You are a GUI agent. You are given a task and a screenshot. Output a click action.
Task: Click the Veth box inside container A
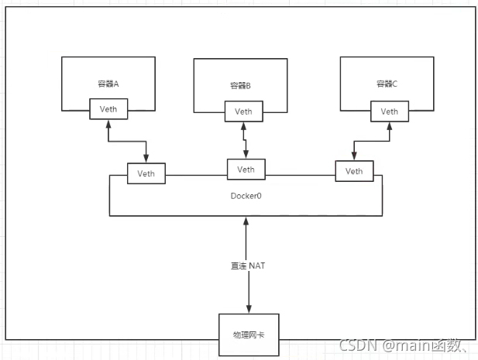pos(108,109)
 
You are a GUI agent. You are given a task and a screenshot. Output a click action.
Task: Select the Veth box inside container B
pos(243,111)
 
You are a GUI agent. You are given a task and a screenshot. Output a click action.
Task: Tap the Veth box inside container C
pos(389,111)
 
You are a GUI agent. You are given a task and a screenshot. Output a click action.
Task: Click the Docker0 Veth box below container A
pos(146,173)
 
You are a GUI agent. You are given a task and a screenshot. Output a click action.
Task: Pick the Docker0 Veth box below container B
pos(246,170)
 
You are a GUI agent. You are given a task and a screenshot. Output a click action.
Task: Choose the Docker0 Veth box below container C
pos(354,171)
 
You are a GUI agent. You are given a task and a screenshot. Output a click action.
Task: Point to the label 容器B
pos(242,86)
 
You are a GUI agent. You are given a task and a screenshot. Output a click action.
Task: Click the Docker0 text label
pos(246,196)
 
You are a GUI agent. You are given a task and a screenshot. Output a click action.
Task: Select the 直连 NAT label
pos(248,266)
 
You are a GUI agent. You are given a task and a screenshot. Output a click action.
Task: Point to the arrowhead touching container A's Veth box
pos(108,124)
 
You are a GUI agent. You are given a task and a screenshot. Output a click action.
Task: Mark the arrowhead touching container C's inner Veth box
pos(388,125)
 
